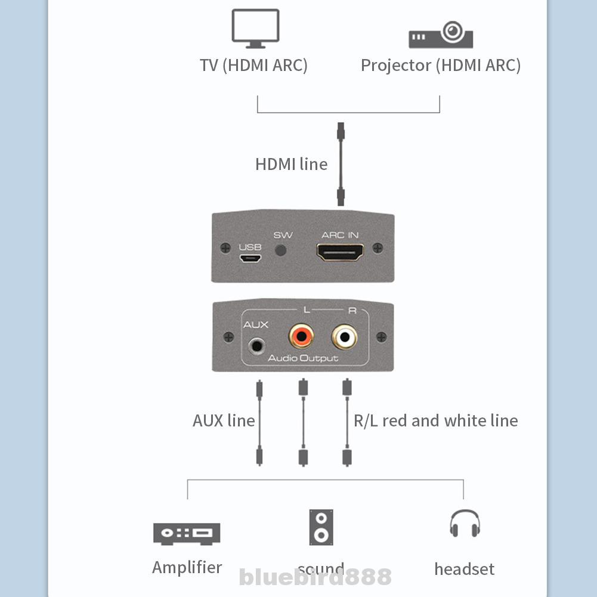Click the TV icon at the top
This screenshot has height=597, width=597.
[x=255, y=28]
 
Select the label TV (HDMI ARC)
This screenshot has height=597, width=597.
[x=253, y=65]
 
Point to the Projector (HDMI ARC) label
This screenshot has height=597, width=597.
[x=440, y=65]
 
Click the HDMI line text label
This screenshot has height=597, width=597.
[x=291, y=164]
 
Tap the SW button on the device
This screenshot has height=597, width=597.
[x=282, y=250]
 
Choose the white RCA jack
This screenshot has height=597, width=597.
[x=345, y=337]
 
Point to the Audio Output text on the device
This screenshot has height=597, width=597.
[x=302, y=358]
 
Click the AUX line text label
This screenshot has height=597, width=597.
[x=224, y=420]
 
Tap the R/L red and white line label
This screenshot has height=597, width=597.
[x=435, y=420]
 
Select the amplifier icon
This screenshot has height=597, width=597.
[x=187, y=533]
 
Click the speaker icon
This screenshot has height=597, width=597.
[x=321, y=527]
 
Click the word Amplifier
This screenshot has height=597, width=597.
[x=187, y=567]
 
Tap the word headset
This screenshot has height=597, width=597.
[x=464, y=569]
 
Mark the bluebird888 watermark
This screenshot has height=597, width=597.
[x=315, y=577]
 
